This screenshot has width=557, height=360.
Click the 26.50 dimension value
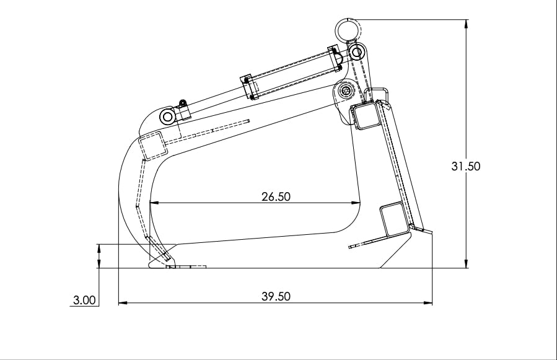tap(276, 196)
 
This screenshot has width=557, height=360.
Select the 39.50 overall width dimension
tap(276, 296)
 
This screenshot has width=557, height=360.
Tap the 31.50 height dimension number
tap(466, 166)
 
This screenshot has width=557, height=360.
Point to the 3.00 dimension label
tap(84, 301)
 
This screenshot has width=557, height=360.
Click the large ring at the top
tap(348, 29)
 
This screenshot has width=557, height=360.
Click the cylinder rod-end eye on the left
tap(167, 116)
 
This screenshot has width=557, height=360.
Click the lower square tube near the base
tap(394, 219)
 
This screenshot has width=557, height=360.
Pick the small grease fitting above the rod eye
tap(182, 103)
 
